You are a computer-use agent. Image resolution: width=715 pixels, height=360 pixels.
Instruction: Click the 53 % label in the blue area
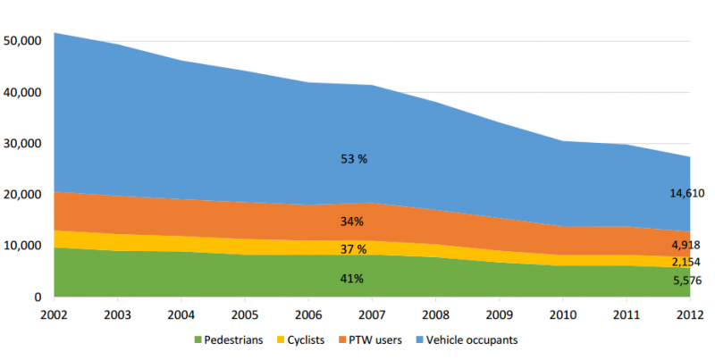[x=355, y=159]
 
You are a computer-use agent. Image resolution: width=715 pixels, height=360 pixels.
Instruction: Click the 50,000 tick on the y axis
[x=23, y=41]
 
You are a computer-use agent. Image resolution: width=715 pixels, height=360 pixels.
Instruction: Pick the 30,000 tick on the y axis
[x=23, y=144]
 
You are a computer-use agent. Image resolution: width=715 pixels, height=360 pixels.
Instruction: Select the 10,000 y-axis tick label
[x=23, y=246]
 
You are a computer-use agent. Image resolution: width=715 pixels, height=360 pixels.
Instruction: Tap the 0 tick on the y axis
[x=37, y=297]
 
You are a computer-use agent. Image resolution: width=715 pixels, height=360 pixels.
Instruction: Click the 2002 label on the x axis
[x=55, y=314]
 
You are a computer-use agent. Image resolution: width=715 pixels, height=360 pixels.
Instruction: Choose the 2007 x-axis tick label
[x=373, y=314]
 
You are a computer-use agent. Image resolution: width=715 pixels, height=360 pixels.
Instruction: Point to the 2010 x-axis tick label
[x=563, y=314]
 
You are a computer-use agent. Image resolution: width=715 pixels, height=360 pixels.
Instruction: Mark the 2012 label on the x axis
[x=689, y=314]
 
